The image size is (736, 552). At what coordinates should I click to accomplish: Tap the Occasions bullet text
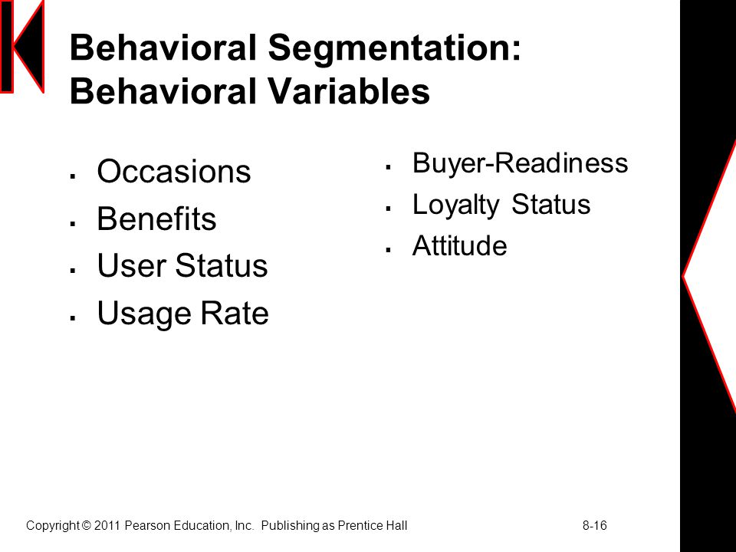click(x=174, y=171)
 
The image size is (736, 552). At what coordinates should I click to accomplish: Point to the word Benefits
click(x=156, y=219)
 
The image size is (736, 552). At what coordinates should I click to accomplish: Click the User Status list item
click(x=182, y=266)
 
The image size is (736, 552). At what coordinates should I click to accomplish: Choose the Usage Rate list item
click(x=182, y=314)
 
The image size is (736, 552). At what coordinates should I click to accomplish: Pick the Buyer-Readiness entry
click(x=520, y=164)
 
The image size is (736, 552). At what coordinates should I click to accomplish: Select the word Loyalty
click(x=455, y=205)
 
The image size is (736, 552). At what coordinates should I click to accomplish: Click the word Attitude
click(x=459, y=245)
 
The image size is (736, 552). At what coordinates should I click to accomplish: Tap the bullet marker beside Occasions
click(x=73, y=176)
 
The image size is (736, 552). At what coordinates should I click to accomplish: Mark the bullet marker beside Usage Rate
click(x=73, y=318)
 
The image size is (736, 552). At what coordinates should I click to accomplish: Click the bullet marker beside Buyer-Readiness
click(x=388, y=166)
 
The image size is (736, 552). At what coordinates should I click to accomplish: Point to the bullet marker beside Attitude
click(x=388, y=250)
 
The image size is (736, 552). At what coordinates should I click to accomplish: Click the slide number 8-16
click(x=595, y=525)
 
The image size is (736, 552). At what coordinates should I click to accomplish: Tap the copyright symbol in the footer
click(x=87, y=525)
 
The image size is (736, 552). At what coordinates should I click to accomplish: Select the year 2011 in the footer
click(x=107, y=525)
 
